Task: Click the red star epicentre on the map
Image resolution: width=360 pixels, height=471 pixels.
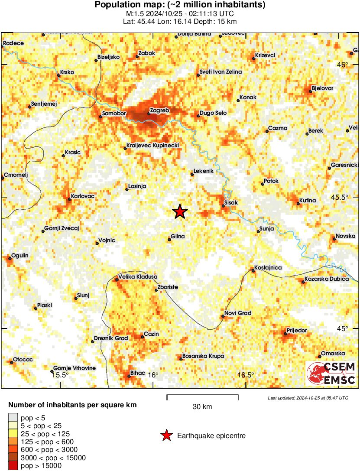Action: point(180,212)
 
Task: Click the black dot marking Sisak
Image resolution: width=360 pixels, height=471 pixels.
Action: point(223,205)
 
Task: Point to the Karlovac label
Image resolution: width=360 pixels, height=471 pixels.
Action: point(83,196)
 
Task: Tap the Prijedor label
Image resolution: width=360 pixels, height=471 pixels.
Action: point(297,330)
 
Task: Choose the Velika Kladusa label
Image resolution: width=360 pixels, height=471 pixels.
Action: point(138,276)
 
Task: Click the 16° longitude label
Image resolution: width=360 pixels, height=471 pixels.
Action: point(153,375)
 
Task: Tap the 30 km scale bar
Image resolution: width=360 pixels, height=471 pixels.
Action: point(202,396)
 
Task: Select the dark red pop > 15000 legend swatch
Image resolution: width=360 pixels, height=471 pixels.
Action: point(13,466)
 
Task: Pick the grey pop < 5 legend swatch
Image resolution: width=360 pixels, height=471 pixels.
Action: point(13,418)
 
